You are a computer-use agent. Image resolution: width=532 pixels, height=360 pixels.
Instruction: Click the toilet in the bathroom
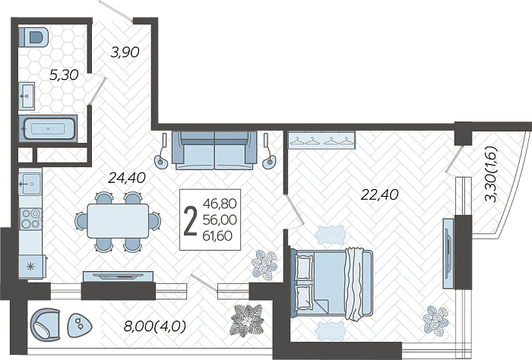tap(33, 37)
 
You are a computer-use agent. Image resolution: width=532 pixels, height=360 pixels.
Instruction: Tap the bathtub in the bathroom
tap(48, 128)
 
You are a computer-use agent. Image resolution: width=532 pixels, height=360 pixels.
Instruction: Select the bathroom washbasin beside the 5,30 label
tap(27, 96)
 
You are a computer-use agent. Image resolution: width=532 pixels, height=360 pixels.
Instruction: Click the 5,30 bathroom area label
tap(64, 74)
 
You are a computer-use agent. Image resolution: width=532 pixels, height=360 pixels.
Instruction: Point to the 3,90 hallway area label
tap(125, 52)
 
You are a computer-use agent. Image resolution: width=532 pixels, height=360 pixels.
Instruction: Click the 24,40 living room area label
tap(127, 178)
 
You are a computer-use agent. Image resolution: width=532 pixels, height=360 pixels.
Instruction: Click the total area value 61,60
tap(217, 235)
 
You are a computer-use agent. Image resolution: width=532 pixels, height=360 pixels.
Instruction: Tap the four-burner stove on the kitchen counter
tap(30, 219)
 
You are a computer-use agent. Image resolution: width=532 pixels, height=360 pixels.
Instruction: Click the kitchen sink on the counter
tap(30, 183)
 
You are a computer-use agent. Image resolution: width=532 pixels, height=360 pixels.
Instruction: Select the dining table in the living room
tap(118, 221)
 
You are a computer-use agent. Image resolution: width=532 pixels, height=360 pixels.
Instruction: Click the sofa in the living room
tap(214, 150)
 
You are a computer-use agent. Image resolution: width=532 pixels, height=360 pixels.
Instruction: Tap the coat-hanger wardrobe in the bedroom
tap(321, 140)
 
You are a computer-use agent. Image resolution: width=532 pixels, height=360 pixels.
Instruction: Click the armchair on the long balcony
tap(46, 324)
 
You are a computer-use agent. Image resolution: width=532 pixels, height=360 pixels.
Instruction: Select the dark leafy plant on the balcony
tap(247, 320)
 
